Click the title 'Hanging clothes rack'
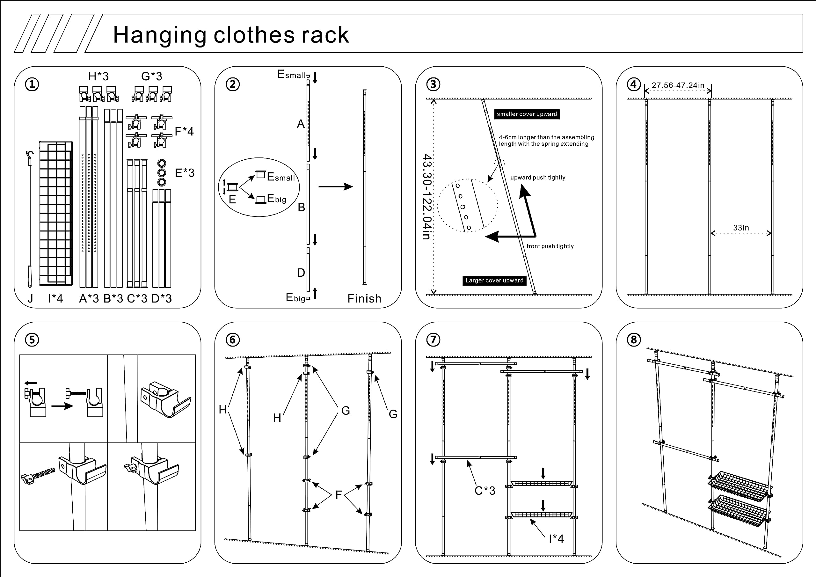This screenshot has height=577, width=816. pyautogui.click(x=231, y=35)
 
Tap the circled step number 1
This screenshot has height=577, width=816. pyautogui.click(x=32, y=84)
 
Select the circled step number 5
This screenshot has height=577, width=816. pyautogui.click(x=32, y=340)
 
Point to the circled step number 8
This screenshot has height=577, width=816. pyautogui.click(x=634, y=340)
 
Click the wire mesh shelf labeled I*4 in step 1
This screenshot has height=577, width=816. pyautogui.click(x=56, y=213)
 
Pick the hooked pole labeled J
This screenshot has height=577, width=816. pyautogui.click(x=30, y=220)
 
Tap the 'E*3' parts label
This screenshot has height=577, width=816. pyautogui.click(x=185, y=173)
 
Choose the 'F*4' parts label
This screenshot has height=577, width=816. pyautogui.click(x=184, y=132)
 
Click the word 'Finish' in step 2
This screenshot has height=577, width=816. pyautogui.click(x=364, y=299)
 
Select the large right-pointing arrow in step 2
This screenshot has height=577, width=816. pyautogui.click(x=336, y=186)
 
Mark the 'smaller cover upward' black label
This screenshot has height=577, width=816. pyautogui.click(x=527, y=114)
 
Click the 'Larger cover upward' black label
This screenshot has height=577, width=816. pyautogui.click(x=494, y=281)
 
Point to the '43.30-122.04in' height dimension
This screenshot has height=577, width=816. pyautogui.click(x=427, y=197)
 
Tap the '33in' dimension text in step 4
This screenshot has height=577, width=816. pyautogui.click(x=741, y=228)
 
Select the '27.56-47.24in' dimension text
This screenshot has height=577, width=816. pyautogui.click(x=678, y=86)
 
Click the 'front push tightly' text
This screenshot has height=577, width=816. pyautogui.click(x=550, y=246)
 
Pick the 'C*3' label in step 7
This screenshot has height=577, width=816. pyautogui.click(x=485, y=491)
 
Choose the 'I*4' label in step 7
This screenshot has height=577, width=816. pyautogui.click(x=556, y=539)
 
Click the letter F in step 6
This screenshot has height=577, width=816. pyautogui.click(x=339, y=494)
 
